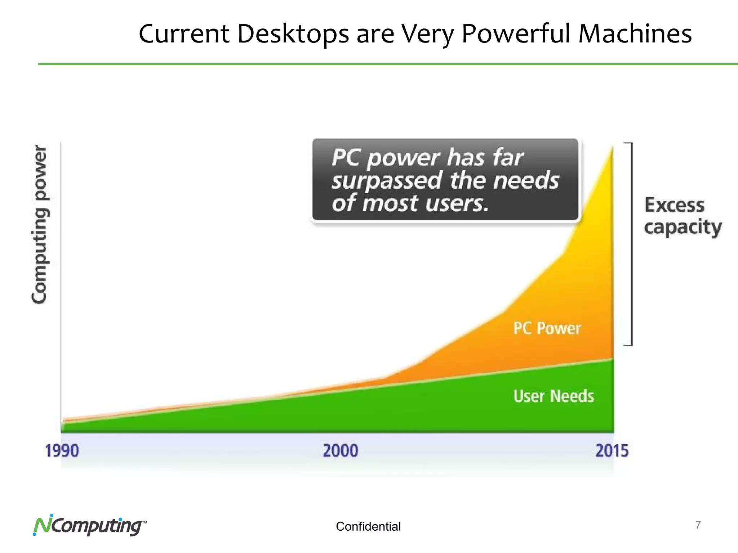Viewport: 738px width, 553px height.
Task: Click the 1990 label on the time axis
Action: [x=62, y=451]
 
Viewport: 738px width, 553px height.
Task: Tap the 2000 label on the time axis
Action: [x=340, y=451]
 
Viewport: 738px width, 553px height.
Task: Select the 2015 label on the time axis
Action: [x=612, y=451]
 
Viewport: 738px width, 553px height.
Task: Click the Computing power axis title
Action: [x=40, y=224]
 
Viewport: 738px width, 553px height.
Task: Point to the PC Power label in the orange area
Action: [x=547, y=328]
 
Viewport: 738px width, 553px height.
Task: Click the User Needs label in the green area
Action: [x=553, y=396]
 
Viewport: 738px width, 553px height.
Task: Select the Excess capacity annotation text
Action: [x=682, y=216]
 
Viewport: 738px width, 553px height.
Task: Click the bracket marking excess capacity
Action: [x=631, y=244]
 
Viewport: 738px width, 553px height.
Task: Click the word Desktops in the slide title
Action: [x=293, y=34]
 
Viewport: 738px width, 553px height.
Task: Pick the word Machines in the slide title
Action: [x=635, y=34]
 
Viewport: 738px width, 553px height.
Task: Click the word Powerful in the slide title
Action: [x=516, y=34]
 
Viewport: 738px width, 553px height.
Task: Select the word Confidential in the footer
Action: [x=368, y=527]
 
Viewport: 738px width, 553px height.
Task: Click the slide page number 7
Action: [x=698, y=525]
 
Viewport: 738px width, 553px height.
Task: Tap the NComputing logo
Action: [x=89, y=526]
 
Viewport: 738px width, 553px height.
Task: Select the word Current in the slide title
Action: [x=184, y=34]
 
